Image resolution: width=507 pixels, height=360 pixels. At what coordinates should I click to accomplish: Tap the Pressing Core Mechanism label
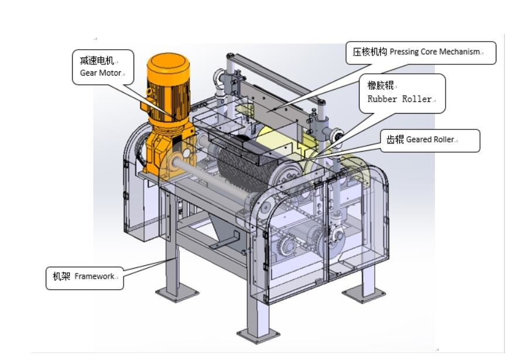(417, 52)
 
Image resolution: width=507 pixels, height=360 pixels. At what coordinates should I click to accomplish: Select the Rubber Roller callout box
(402, 92)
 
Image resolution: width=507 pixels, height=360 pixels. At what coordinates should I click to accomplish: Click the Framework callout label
(84, 277)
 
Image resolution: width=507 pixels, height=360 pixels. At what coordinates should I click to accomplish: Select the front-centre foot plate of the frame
(258, 334)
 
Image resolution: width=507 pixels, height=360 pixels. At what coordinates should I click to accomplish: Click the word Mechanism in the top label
(460, 52)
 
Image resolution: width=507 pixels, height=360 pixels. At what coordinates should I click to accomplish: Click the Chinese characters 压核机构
(369, 52)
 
